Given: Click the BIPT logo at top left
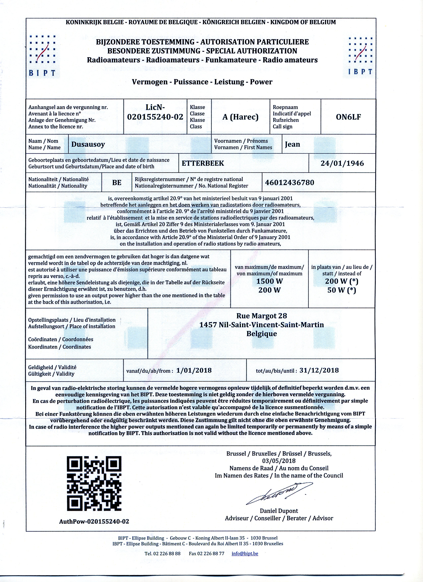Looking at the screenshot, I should [42, 55].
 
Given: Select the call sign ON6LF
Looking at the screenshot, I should [348, 117].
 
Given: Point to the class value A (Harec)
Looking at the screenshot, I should [241, 117].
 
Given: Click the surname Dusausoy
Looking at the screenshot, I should [88, 144].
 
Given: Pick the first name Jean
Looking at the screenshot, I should [292, 144].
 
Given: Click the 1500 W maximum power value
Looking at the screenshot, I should [270, 281].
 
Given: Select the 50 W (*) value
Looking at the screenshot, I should [342, 290].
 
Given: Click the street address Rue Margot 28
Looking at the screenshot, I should [262, 316].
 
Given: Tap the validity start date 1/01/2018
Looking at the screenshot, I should [194, 370].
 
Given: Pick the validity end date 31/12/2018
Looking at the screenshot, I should [319, 370].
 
